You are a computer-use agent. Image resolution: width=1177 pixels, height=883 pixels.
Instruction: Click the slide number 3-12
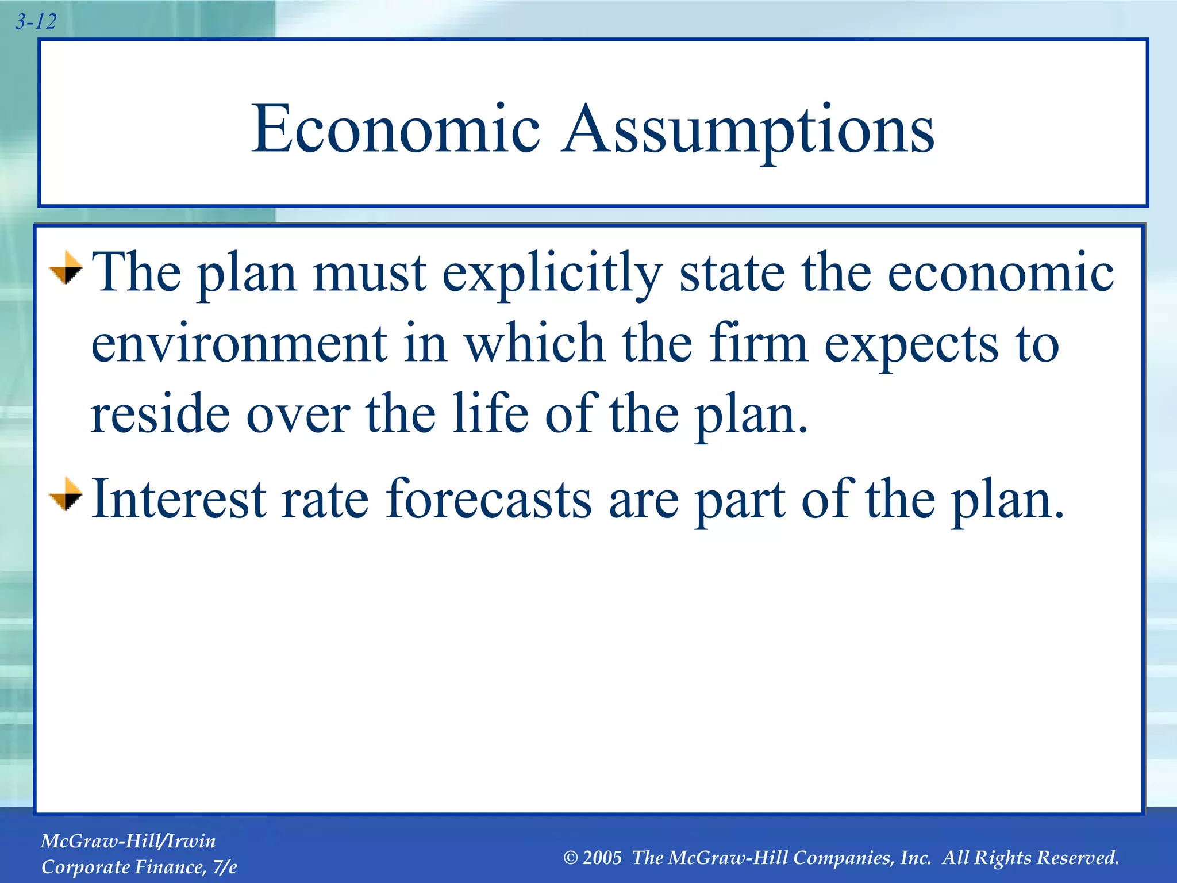pyautogui.click(x=36, y=22)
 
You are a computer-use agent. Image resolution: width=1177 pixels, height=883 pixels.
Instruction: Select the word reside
pyautogui.click(x=160, y=414)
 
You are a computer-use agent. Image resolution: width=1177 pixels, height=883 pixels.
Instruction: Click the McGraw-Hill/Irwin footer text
pyautogui.click(x=128, y=841)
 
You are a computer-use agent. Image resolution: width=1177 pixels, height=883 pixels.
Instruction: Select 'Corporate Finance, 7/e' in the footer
pyautogui.click(x=139, y=867)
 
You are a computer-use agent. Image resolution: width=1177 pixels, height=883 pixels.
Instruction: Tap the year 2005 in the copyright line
pyautogui.click(x=602, y=858)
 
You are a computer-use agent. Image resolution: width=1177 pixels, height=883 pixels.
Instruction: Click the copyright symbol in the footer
pyautogui.click(x=570, y=858)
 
